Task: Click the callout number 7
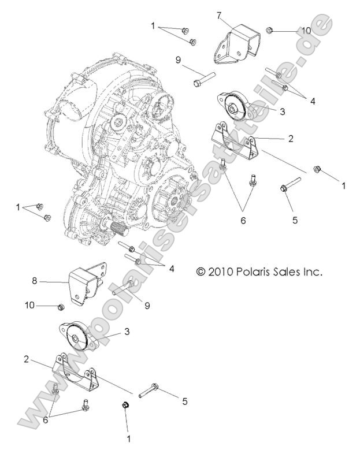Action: tap(219, 16)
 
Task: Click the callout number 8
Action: tap(35, 281)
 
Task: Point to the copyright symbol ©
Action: tap(201, 271)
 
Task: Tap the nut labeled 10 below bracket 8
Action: tap(60, 306)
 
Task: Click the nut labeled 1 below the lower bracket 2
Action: tap(125, 406)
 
